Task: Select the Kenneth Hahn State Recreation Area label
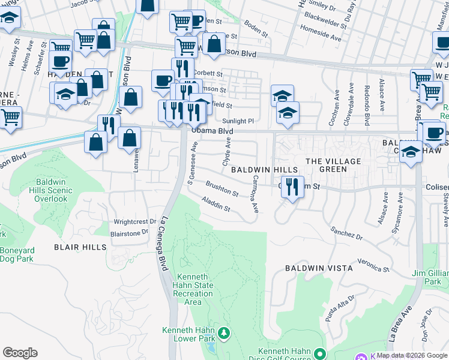pos(193,289)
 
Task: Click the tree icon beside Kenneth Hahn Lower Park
pos(223,332)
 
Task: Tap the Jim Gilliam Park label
pos(428,277)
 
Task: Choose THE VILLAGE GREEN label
pos(333,165)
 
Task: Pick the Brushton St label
pos(222,190)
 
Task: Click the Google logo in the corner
pos(20,352)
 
